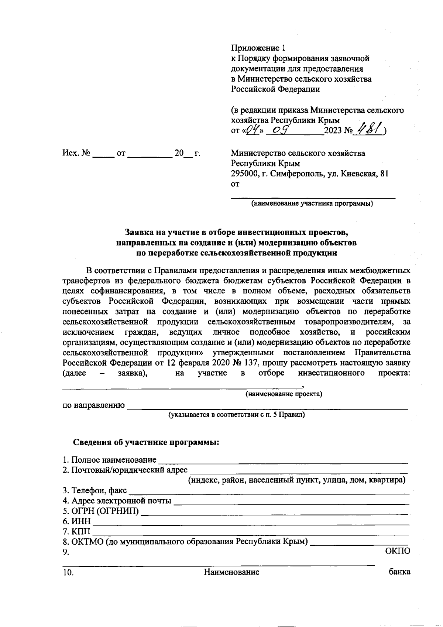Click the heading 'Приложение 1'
coord(258,48)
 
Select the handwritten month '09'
coord(280,130)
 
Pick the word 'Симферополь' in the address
coord(297,174)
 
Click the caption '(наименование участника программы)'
coord(312,203)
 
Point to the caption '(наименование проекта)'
coord(284,394)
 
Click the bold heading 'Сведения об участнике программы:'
coord(146,442)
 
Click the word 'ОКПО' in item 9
coord(397,552)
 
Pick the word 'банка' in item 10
coord(399,572)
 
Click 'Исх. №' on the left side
coord(76,153)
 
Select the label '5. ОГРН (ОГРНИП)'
coord(101,511)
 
